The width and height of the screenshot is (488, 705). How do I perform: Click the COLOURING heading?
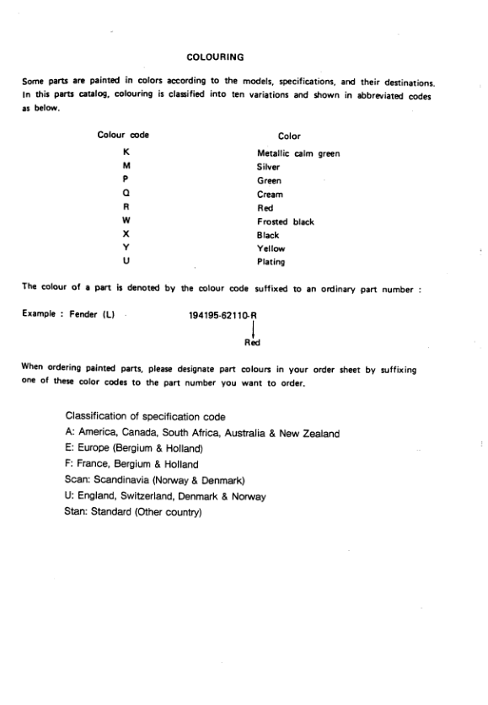coord(215,57)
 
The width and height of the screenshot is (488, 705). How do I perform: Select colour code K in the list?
coord(125,153)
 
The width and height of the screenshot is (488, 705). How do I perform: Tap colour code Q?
coord(125,195)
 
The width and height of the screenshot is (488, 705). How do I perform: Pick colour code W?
coord(125,222)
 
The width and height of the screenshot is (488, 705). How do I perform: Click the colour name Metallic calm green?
coord(298,154)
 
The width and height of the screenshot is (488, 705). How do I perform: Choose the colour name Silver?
coord(268,168)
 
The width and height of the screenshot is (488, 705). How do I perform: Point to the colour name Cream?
coord(270,195)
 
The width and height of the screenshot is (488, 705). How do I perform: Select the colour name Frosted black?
coord(285,222)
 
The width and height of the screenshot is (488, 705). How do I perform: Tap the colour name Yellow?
coord(271,248)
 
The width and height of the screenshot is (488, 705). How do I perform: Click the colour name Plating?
coord(271,262)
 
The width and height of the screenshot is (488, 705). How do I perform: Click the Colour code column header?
coord(124,135)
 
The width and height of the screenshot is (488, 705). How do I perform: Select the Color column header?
coord(288,136)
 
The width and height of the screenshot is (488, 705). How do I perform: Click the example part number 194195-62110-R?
coord(223,313)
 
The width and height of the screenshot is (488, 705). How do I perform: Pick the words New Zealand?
coord(309,434)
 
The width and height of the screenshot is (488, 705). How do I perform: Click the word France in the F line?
coord(92,464)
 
